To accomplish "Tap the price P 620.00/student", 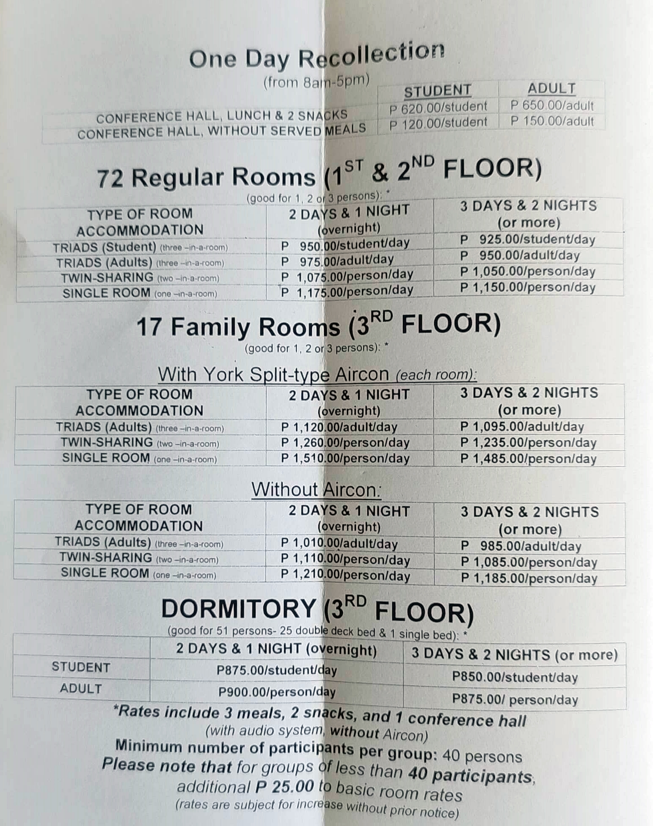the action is (x=438, y=107).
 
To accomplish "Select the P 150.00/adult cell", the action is (x=552, y=121).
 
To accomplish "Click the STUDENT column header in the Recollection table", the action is (x=437, y=91).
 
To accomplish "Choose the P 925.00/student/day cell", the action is (x=528, y=239).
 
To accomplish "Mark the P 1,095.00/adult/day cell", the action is (x=522, y=427).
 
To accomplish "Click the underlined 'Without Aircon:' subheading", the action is (x=316, y=490).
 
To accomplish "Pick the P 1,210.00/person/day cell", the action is (x=345, y=576).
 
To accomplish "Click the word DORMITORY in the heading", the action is (x=238, y=609).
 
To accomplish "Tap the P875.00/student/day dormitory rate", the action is (x=277, y=670).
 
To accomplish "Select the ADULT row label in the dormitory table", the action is (x=81, y=689).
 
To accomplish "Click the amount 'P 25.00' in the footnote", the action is (x=284, y=787).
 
